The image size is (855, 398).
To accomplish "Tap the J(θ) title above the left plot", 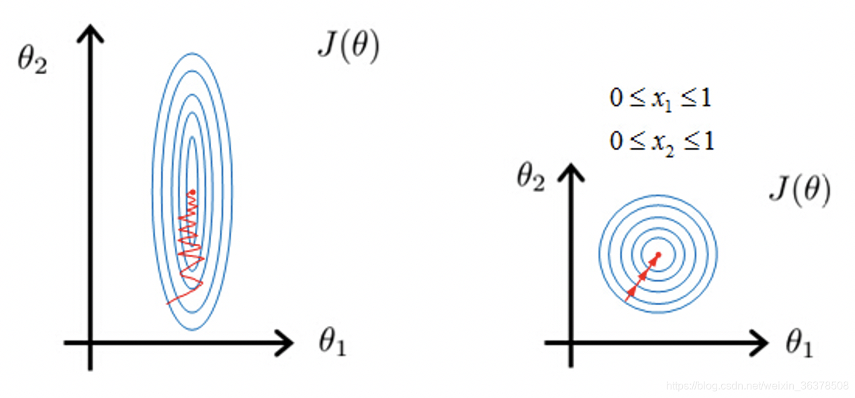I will tap(348, 48).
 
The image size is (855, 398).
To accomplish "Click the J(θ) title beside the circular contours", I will tap(799, 191).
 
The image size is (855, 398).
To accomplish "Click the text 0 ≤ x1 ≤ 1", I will tap(660, 99).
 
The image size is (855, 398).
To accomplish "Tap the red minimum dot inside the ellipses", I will tap(193, 193).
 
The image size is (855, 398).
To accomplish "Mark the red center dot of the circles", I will tap(658, 254).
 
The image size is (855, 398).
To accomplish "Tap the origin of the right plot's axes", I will tap(570, 343).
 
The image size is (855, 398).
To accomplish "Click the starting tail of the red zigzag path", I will tap(168, 303).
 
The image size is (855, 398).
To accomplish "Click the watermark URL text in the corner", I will tap(757, 387).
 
